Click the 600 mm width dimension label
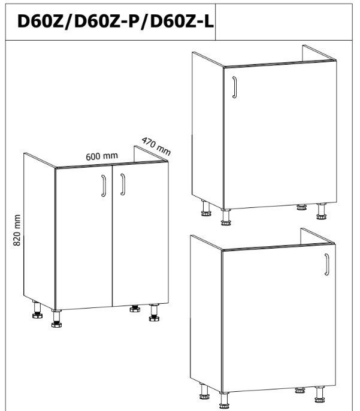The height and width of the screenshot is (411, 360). pos(102,156)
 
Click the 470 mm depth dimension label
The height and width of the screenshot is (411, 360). pos(156,147)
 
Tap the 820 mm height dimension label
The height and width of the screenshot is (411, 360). pos(17,230)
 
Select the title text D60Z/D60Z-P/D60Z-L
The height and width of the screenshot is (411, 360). pos(115,21)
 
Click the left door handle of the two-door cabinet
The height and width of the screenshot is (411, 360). pos(104,186)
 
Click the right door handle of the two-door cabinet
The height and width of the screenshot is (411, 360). pos(123,185)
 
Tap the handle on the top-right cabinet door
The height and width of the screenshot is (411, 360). pos(234,87)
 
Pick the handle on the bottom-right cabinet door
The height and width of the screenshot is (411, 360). pos(326,264)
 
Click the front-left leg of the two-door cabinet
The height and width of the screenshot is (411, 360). pos(56,318)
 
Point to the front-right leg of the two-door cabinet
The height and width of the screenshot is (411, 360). pos(154,313)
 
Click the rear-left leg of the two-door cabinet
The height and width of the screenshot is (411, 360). pos(37,310)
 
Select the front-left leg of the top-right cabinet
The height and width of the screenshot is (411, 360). pos(226,217)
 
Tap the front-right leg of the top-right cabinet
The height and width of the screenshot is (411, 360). pos(321,211)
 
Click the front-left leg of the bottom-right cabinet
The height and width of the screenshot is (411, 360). pos(224,400)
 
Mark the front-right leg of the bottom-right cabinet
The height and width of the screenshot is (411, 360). pos(320,394)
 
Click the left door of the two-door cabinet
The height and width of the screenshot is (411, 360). pos(84,237)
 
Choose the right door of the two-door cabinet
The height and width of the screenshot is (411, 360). pos(140,234)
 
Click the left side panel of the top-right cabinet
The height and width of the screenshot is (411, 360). pos(208,131)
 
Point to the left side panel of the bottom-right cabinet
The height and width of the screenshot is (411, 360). pos(206,314)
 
